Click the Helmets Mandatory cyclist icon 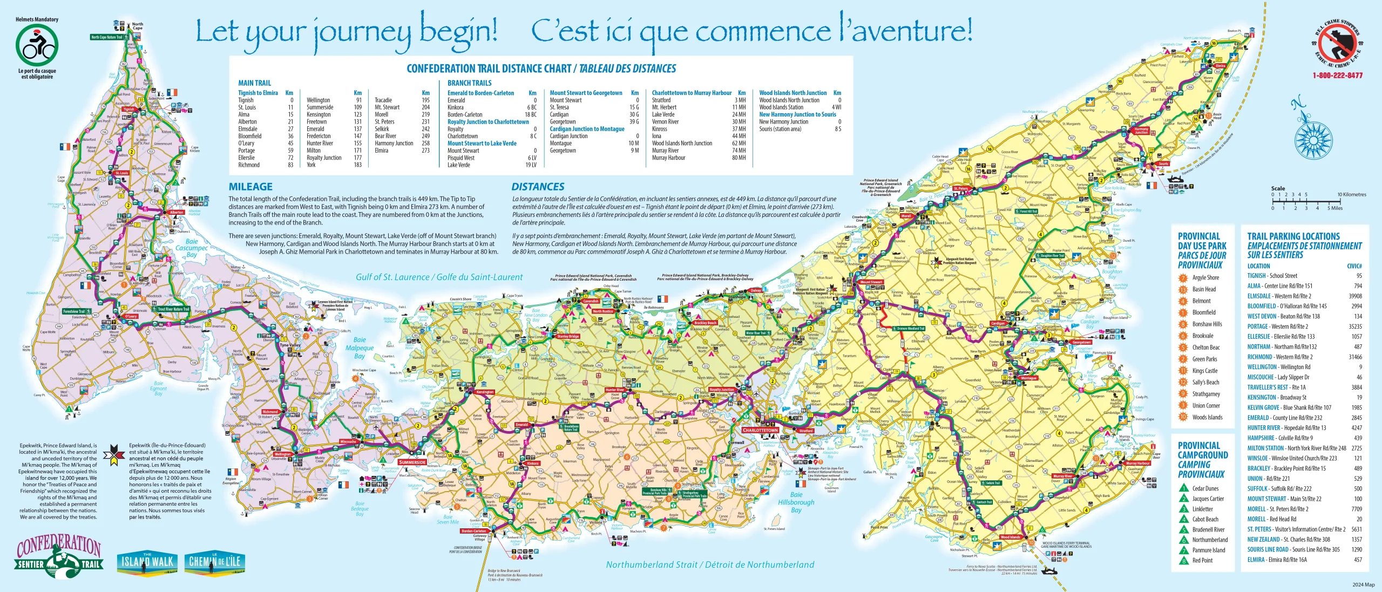[37, 45]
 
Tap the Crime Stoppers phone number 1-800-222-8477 [1337, 76]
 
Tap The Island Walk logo [147, 562]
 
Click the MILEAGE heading [250, 187]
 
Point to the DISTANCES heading [538, 187]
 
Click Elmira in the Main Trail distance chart [382, 151]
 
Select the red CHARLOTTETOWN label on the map [760, 430]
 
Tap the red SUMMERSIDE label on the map [412, 462]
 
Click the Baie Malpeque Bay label [360, 348]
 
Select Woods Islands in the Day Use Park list [1207, 417]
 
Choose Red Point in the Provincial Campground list [1202, 560]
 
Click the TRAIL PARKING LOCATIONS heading [1293, 236]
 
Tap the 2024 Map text [1363, 584]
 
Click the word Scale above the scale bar [1278, 188]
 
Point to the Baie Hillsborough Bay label [796, 502]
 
